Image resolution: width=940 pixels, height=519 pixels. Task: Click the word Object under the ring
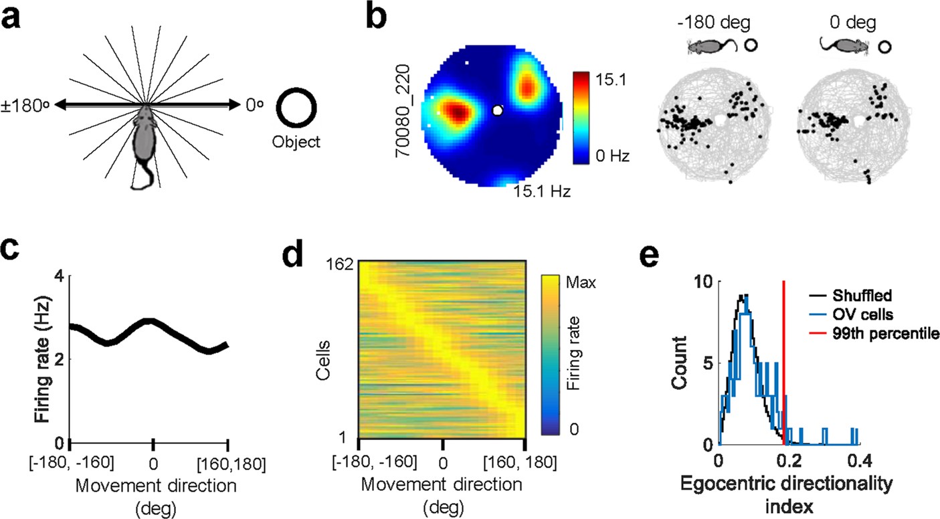296,142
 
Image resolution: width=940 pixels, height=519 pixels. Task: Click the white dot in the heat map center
497,110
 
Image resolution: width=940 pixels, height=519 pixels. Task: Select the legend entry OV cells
861,314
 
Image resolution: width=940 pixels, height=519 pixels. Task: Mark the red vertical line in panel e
783,361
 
